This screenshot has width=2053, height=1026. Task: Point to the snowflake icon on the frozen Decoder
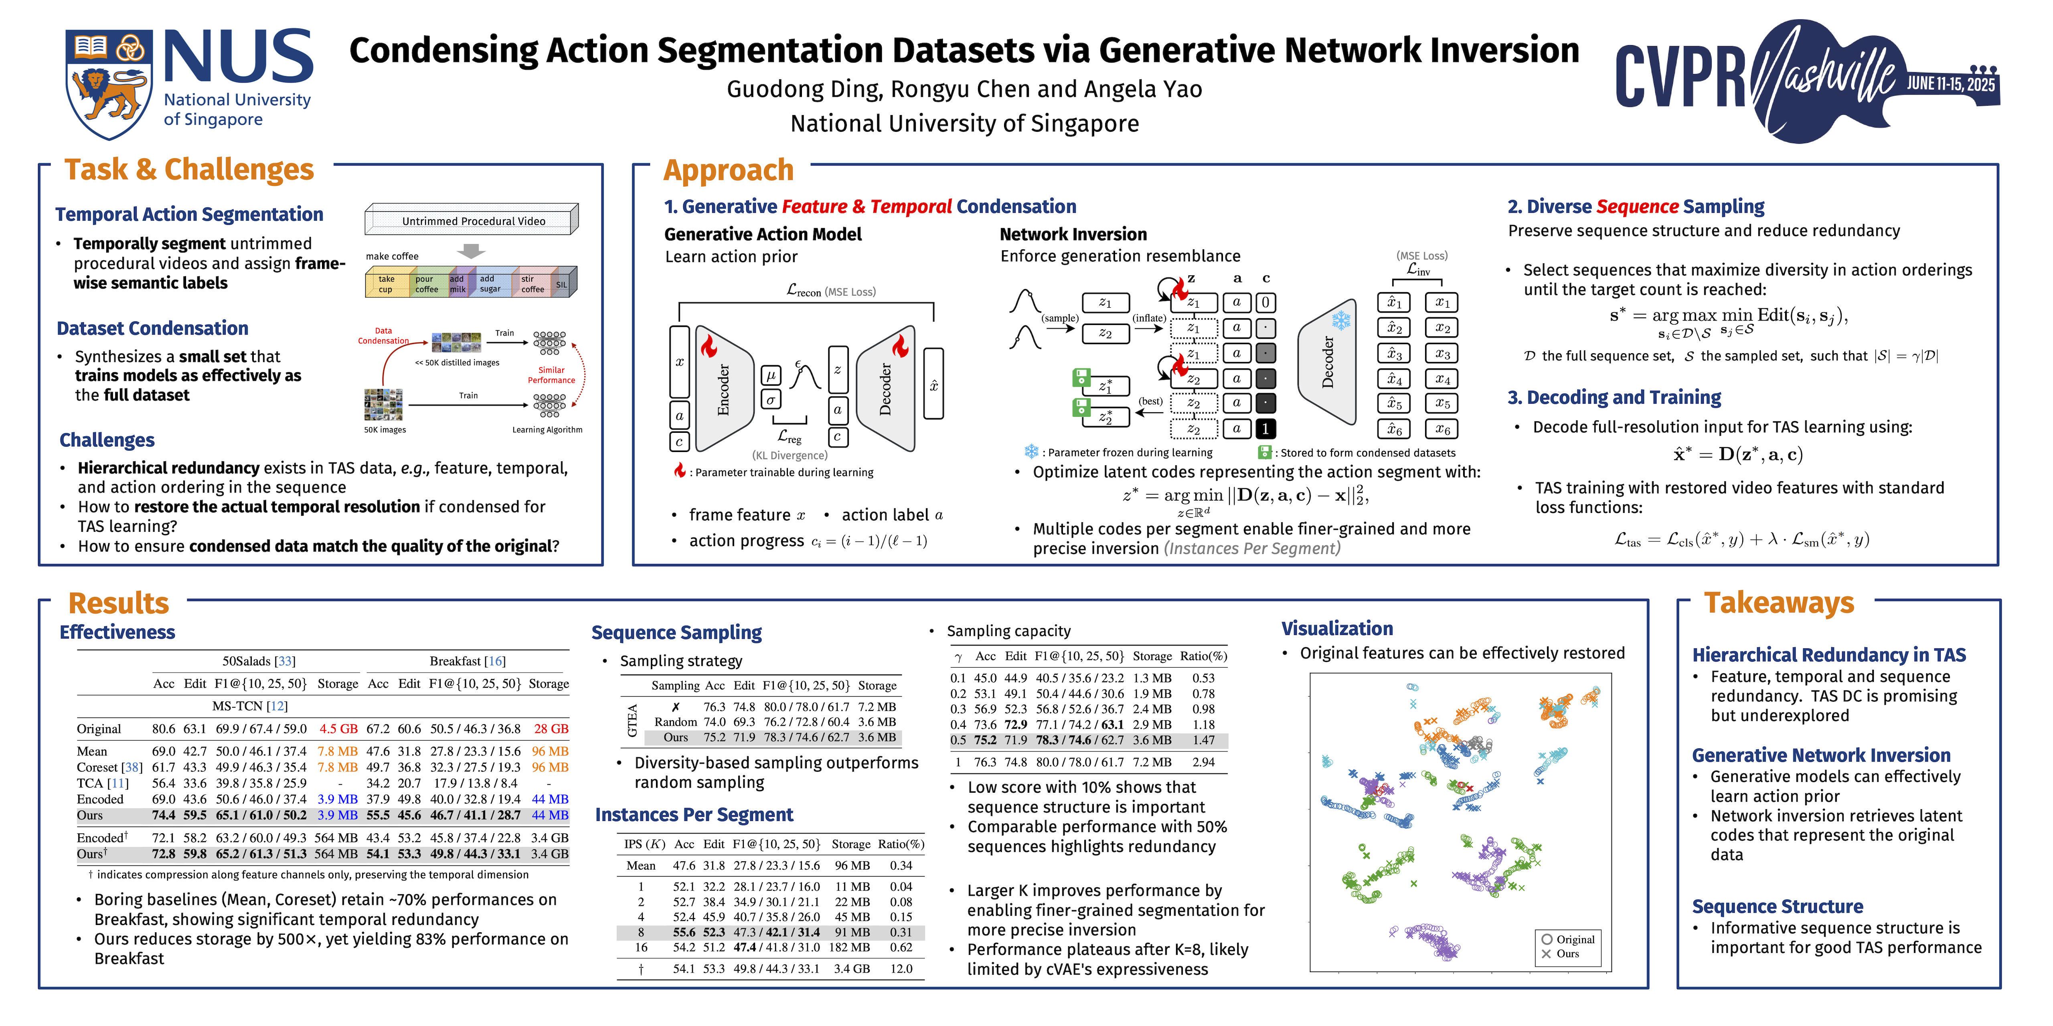click(1341, 320)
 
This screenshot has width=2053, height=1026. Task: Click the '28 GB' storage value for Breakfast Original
click(551, 729)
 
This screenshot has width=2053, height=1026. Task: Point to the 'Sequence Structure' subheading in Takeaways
click(1777, 907)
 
